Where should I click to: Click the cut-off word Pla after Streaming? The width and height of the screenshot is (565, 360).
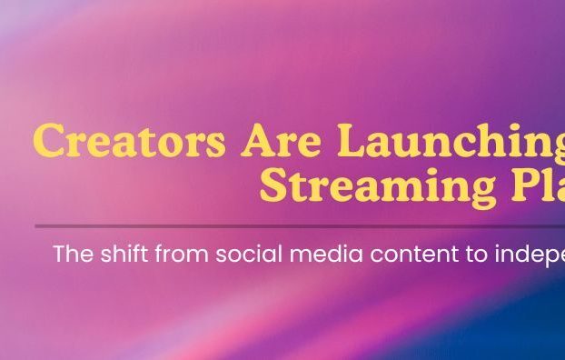click(x=537, y=185)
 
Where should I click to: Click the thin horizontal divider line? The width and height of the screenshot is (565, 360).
click(x=300, y=225)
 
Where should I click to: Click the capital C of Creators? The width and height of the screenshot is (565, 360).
click(x=51, y=142)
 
